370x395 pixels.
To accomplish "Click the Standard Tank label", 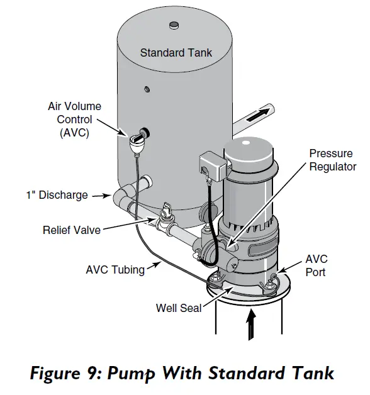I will (x=176, y=53).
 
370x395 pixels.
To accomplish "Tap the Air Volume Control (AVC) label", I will (x=74, y=120).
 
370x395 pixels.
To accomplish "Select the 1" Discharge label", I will (x=57, y=195).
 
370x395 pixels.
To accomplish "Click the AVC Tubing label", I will (x=115, y=270).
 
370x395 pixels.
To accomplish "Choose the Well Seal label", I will (x=178, y=308).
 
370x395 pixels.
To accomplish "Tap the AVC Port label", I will (x=316, y=266).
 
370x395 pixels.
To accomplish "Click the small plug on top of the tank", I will (x=173, y=25).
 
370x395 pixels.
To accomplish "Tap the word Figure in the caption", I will (x=62, y=373).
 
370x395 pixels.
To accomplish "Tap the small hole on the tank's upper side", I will (x=146, y=88).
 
